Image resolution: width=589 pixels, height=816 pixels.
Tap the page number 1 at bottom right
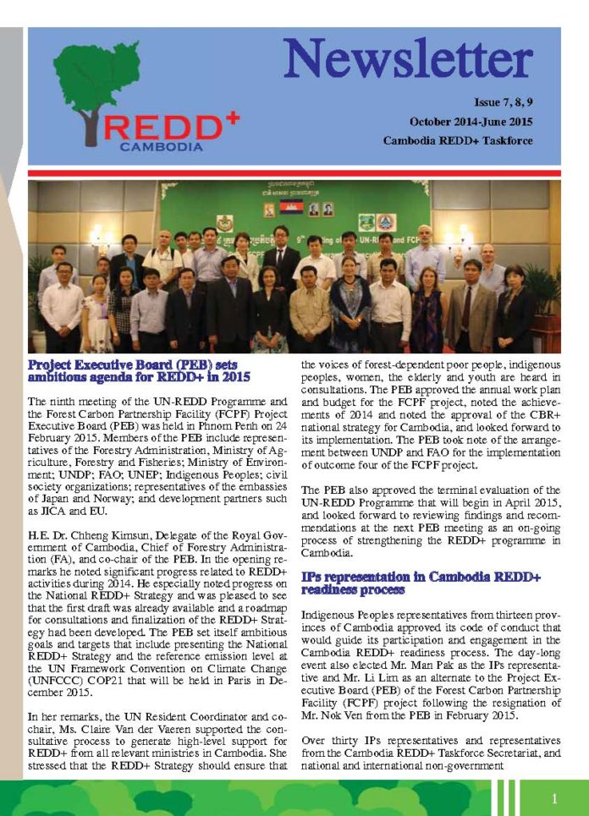[553, 797]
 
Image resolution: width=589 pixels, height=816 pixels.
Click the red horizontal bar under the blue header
[294, 173]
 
